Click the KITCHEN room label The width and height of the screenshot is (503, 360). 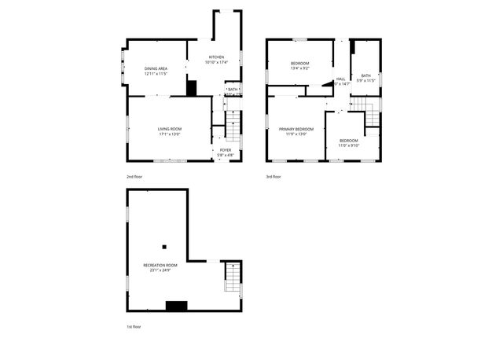[x=216, y=57]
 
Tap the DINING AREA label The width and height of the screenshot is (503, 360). [x=156, y=68]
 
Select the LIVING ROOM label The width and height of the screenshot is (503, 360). [x=169, y=129]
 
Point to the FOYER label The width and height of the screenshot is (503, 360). [x=226, y=149]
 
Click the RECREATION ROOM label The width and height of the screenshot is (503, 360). [x=160, y=266]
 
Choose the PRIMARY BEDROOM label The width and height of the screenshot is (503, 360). [x=296, y=129]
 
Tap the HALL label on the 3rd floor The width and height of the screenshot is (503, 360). [x=341, y=79]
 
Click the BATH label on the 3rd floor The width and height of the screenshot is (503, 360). [x=365, y=75]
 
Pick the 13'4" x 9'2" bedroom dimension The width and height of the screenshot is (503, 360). [x=300, y=68]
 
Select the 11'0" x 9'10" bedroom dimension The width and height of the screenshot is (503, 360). [x=348, y=145]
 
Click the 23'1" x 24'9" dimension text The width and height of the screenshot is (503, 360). [x=160, y=271]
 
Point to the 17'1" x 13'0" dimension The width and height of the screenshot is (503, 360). [x=169, y=134]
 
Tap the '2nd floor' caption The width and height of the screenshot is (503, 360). [x=134, y=177]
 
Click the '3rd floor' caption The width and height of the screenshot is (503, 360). [x=273, y=177]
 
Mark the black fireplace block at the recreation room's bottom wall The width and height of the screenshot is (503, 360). [x=176, y=306]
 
